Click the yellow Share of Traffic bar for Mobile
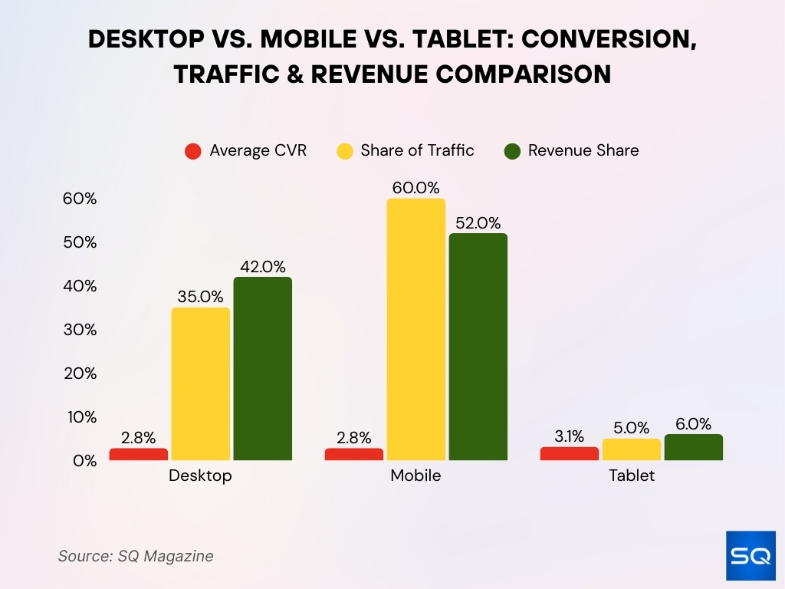click(x=416, y=330)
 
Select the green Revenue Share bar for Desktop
click(x=263, y=369)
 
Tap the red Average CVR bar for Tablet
click(x=569, y=453)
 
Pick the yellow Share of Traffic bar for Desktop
click(x=201, y=383)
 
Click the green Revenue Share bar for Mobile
click(x=478, y=347)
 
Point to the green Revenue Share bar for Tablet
click(x=694, y=447)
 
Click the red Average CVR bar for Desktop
click(x=139, y=454)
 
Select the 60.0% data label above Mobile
click(x=416, y=188)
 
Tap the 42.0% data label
click(x=263, y=267)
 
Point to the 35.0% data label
click(x=201, y=297)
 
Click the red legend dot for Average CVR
click(x=193, y=151)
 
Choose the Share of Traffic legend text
click(x=417, y=151)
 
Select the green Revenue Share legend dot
click(x=512, y=151)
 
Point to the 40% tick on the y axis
click(x=80, y=286)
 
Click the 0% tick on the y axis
click(x=84, y=461)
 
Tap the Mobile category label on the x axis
click(x=415, y=475)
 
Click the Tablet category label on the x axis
click(x=632, y=475)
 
